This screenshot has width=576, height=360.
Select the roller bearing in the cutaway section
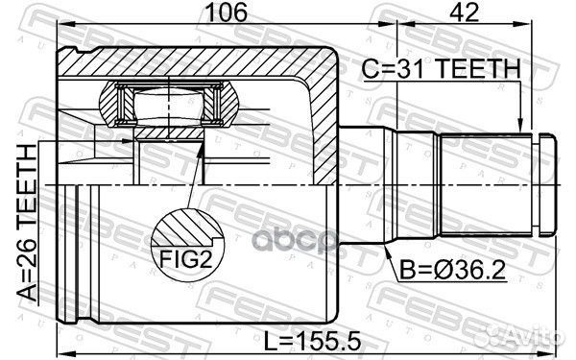tap(168, 104)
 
